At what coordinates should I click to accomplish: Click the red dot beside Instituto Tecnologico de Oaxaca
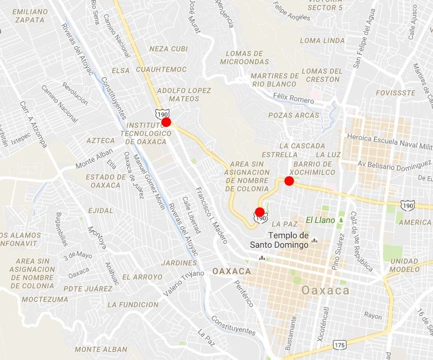(166, 122)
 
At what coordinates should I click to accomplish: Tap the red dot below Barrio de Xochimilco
(289, 181)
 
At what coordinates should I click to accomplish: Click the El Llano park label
(319, 221)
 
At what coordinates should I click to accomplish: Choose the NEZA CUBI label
(168, 49)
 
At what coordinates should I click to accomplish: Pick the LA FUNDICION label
(131, 305)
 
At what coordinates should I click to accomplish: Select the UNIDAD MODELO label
(404, 265)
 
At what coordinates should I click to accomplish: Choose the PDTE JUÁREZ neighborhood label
(88, 289)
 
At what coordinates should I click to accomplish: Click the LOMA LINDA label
(322, 41)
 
